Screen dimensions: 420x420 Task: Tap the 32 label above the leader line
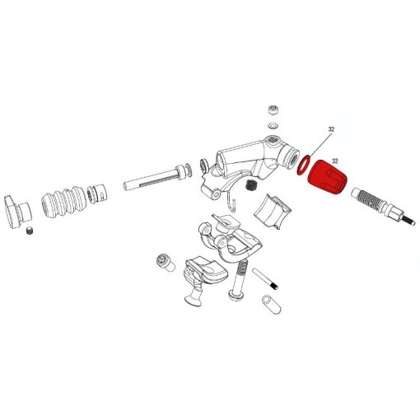tap(331, 130)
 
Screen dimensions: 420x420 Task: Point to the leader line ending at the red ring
tap(317, 144)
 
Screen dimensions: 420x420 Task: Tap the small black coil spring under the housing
tap(248, 185)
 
